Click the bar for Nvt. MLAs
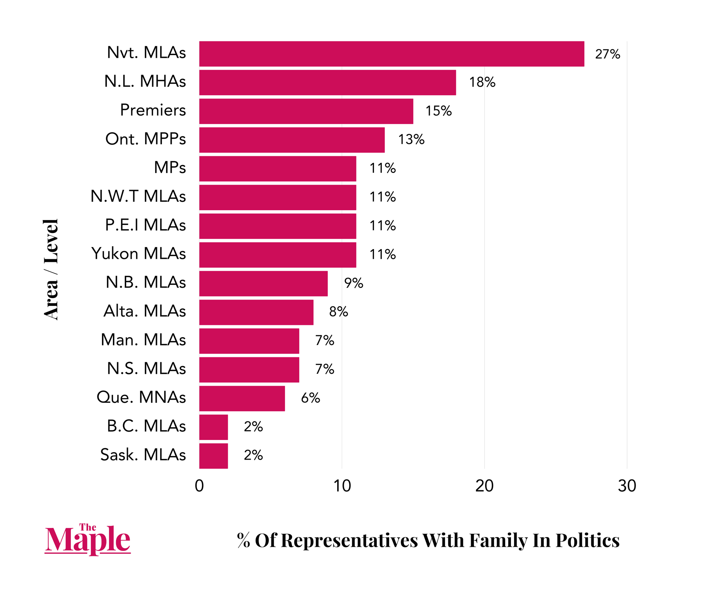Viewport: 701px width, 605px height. [x=392, y=54]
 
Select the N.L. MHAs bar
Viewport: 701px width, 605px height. [x=327, y=82]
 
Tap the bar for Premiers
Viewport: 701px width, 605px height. [x=306, y=111]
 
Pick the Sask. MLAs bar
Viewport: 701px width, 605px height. [x=213, y=456]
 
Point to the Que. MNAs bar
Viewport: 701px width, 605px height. [x=242, y=398]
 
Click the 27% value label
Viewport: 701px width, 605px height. [x=607, y=54]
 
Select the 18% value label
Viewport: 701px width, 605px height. [x=482, y=82]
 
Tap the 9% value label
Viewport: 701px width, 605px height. [x=353, y=283]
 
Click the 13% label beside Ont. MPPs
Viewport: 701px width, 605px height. [x=411, y=140]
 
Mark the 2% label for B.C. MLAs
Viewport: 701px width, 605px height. [x=253, y=427]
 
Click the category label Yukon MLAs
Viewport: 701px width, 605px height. [x=138, y=254]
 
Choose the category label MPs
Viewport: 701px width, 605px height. [x=170, y=167]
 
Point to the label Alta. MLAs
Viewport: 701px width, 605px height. [x=144, y=311]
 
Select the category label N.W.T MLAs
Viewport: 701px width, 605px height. [x=138, y=196]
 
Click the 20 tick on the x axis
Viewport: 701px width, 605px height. [x=484, y=486]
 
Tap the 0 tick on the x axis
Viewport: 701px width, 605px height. [x=199, y=486]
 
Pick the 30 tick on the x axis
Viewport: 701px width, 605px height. [x=627, y=486]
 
